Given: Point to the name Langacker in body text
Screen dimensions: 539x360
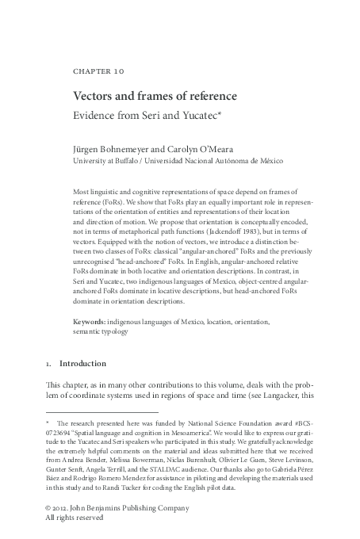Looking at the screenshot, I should tap(291, 396).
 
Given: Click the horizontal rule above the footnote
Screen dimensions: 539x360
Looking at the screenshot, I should tap(102, 411).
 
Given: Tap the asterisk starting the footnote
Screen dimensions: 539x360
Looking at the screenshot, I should tap(48, 423).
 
